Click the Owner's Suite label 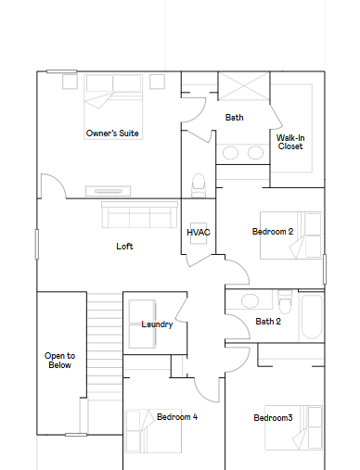(112, 133)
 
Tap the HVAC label (199, 233)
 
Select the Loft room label (124, 247)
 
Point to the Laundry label (157, 324)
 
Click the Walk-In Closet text (290, 142)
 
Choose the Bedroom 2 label (273, 232)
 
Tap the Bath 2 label (268, 322)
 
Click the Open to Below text (59, 361)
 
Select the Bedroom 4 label (177, 417)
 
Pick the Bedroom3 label (273, 418)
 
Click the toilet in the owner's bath (199, 185)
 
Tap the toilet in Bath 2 (285, 301)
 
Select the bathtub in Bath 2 (312, 316)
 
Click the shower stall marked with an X (244, 86)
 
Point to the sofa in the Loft (139, 215)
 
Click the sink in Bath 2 (250, 301)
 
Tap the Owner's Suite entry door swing (53, 186)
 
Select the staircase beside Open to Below (105, 346)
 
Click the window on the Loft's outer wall (37, 244)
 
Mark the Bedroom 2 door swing (238, 272)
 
